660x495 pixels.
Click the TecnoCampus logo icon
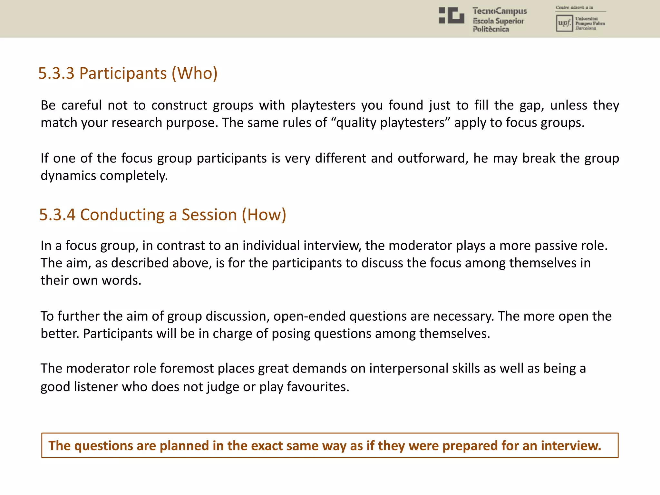pos(451,15)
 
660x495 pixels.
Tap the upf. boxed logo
pos(564,23)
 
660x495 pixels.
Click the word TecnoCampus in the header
pos(500,11)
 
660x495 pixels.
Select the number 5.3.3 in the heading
pos(56,73)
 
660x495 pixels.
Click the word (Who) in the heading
pos(195,73)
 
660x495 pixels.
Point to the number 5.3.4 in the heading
pos(57,215)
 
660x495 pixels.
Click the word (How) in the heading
pos(264,215)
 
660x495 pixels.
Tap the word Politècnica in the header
pos(491,29)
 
